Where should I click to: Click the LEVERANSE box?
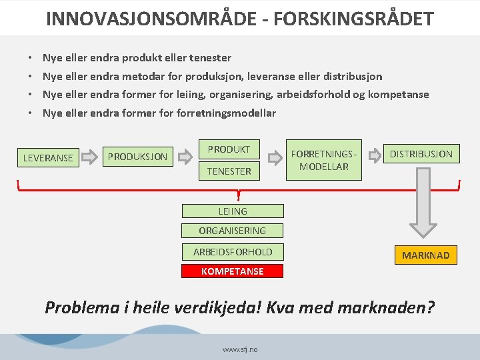(48, 158)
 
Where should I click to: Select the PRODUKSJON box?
(138, 157)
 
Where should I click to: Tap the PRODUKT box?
(229, 149)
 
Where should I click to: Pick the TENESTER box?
(229, 171)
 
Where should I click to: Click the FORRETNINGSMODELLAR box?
(324, 160)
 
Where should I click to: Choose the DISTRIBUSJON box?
(421, 154)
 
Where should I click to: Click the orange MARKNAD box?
(425, 255)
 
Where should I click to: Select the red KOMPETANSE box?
(233, 271)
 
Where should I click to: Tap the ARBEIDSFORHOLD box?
(233, 252)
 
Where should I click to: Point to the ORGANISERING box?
(233, 231)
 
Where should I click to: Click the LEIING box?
(233, 211)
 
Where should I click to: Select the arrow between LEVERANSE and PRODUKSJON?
(90, 158)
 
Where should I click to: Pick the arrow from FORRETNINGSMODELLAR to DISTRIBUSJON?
(376, 154)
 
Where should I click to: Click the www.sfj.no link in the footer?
(240, 349)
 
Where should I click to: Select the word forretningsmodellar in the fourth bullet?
(226, 113)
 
